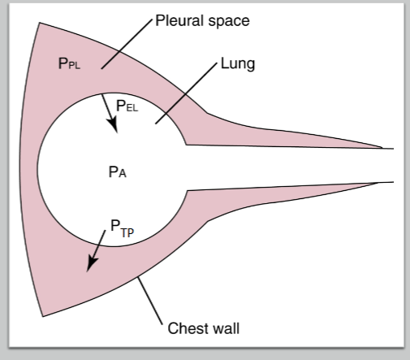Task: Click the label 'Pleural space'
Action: tap(203, 20)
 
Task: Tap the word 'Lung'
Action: tap(238, 64)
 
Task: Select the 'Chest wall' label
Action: tap(203, 329)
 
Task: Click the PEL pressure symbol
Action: tap(127, 105)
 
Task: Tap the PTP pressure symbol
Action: tap(122, 231)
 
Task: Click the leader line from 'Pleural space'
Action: tap(126, 41)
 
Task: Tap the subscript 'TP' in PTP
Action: tap(127, 233)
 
